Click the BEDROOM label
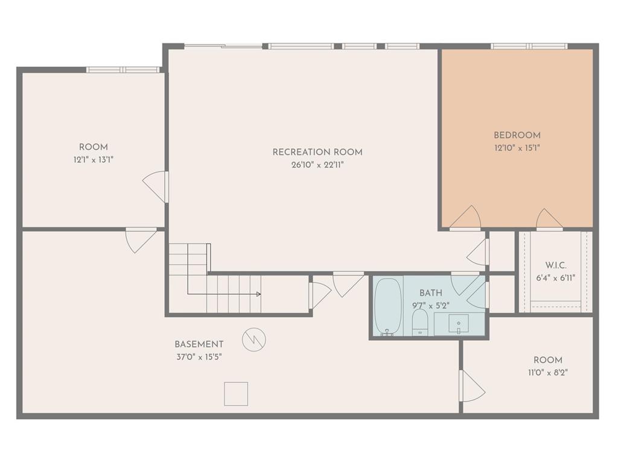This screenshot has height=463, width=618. point(517,135)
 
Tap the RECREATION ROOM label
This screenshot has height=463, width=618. point(317,152)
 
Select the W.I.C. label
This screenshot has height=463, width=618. point(556,265)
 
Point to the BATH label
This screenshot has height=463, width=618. point(431,293)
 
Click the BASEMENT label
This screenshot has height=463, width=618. point(199,344)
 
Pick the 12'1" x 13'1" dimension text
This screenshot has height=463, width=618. point(94,160)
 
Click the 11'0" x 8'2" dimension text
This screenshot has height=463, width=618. point(548,373)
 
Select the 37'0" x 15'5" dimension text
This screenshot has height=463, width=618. point(199,357)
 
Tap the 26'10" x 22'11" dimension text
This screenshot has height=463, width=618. point(317,165)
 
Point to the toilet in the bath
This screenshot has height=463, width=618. point(420,322)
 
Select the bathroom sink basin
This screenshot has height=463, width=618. point(459,324)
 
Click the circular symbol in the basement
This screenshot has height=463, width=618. point(254,339)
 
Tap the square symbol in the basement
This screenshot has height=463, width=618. point(236,394)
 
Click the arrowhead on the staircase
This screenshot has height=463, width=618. point(258,294)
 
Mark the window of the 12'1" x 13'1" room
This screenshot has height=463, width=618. point(123,70)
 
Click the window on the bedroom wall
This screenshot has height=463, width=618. point(529,46)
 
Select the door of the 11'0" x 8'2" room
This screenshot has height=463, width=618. point(472,386)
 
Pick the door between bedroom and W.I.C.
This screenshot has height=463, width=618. point(549,219)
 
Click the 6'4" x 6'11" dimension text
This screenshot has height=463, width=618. point(556,278)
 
